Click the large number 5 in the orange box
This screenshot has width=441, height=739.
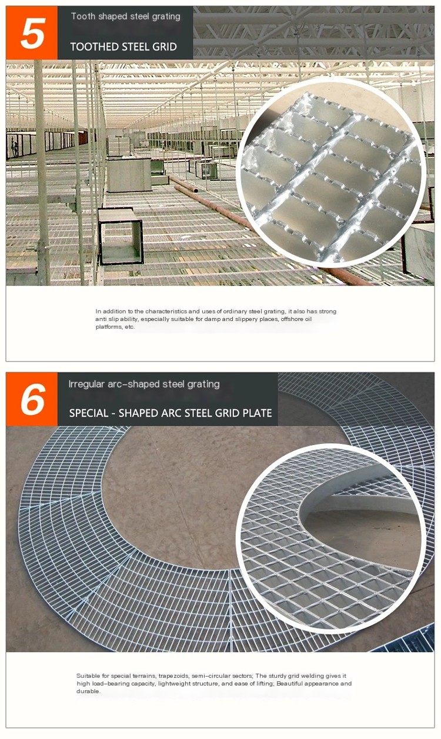point(32,33)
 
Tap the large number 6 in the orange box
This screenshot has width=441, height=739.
point(33,400)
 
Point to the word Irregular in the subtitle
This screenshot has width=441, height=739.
point(88,384)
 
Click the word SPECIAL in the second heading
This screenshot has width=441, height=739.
point(89,413)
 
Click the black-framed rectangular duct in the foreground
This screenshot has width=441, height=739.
point(121,236)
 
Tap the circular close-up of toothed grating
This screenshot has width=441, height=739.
point(332,172)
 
